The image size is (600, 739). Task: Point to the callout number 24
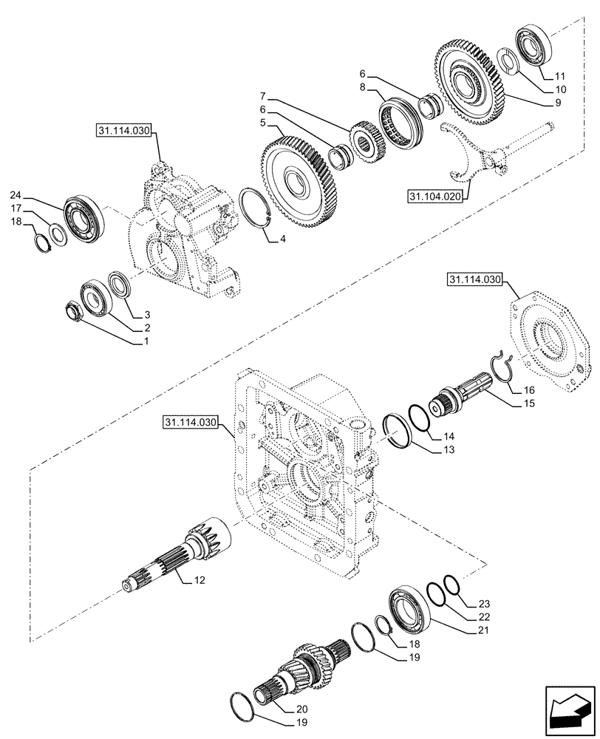click(x=16, y=195)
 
